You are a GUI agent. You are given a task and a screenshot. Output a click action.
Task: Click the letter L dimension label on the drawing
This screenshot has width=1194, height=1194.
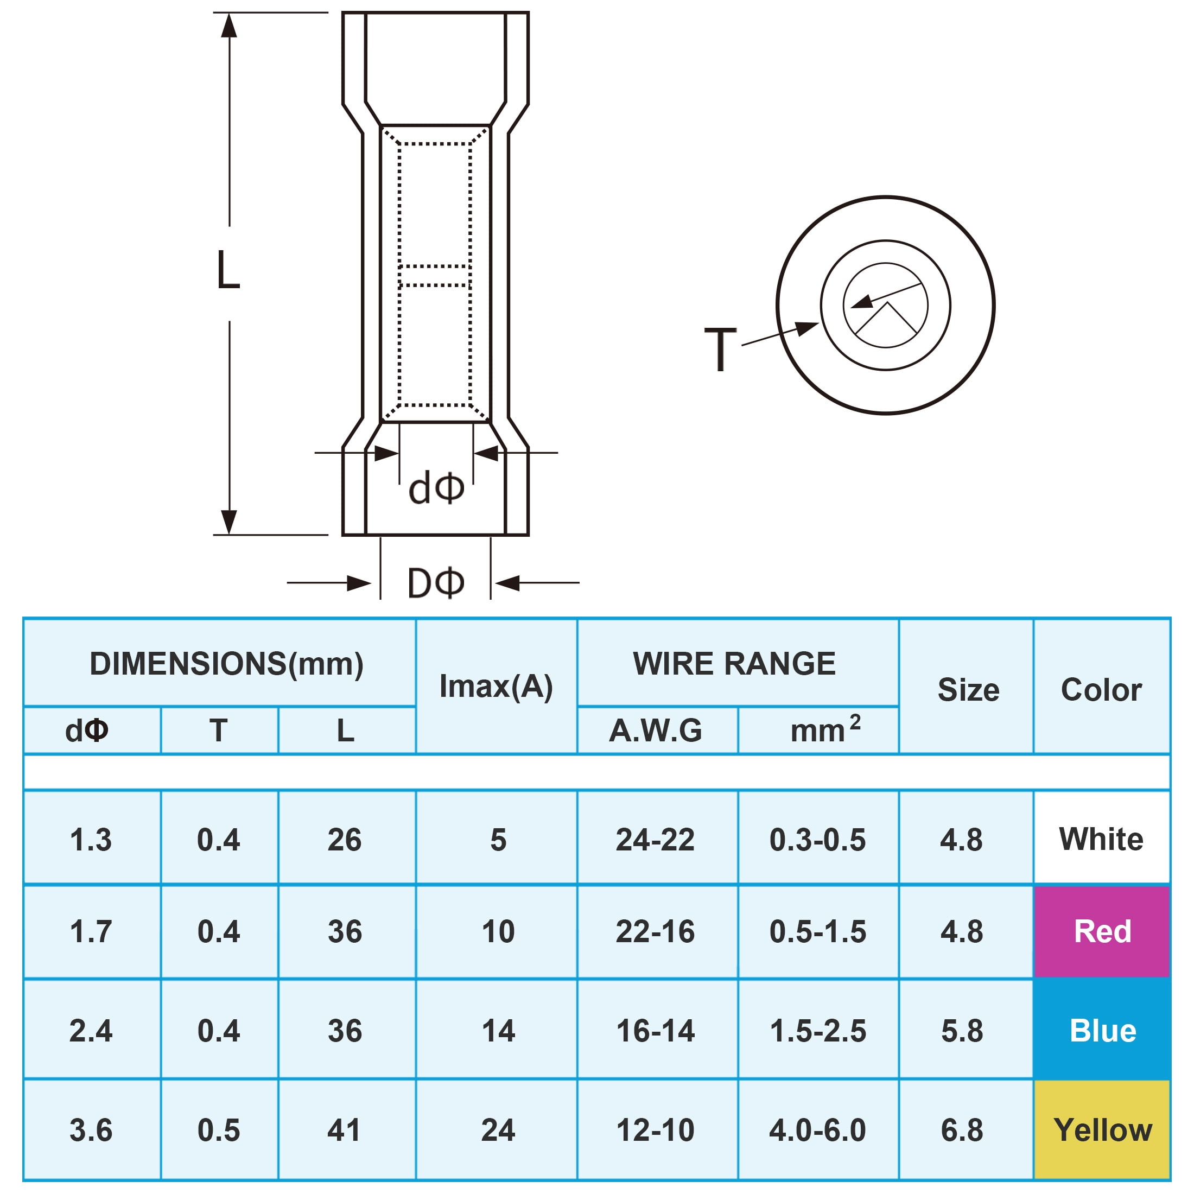228,270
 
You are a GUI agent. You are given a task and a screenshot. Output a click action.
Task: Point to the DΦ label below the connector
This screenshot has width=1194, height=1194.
436,582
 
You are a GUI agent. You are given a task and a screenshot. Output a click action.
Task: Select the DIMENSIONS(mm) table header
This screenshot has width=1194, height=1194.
227,664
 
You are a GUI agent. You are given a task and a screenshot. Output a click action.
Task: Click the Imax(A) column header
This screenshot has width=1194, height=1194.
496,686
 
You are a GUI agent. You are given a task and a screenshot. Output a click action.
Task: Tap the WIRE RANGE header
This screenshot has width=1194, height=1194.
734,664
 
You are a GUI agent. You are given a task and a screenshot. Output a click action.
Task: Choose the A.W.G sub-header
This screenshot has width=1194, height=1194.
656,731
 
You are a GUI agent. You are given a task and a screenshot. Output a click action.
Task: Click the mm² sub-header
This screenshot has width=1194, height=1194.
825,729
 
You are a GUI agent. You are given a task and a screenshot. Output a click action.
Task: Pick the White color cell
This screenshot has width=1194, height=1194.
1102,839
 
